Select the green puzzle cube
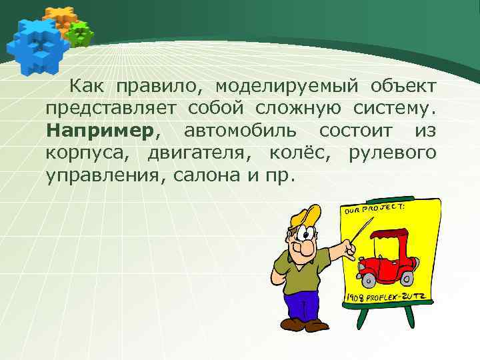[81, 33]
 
